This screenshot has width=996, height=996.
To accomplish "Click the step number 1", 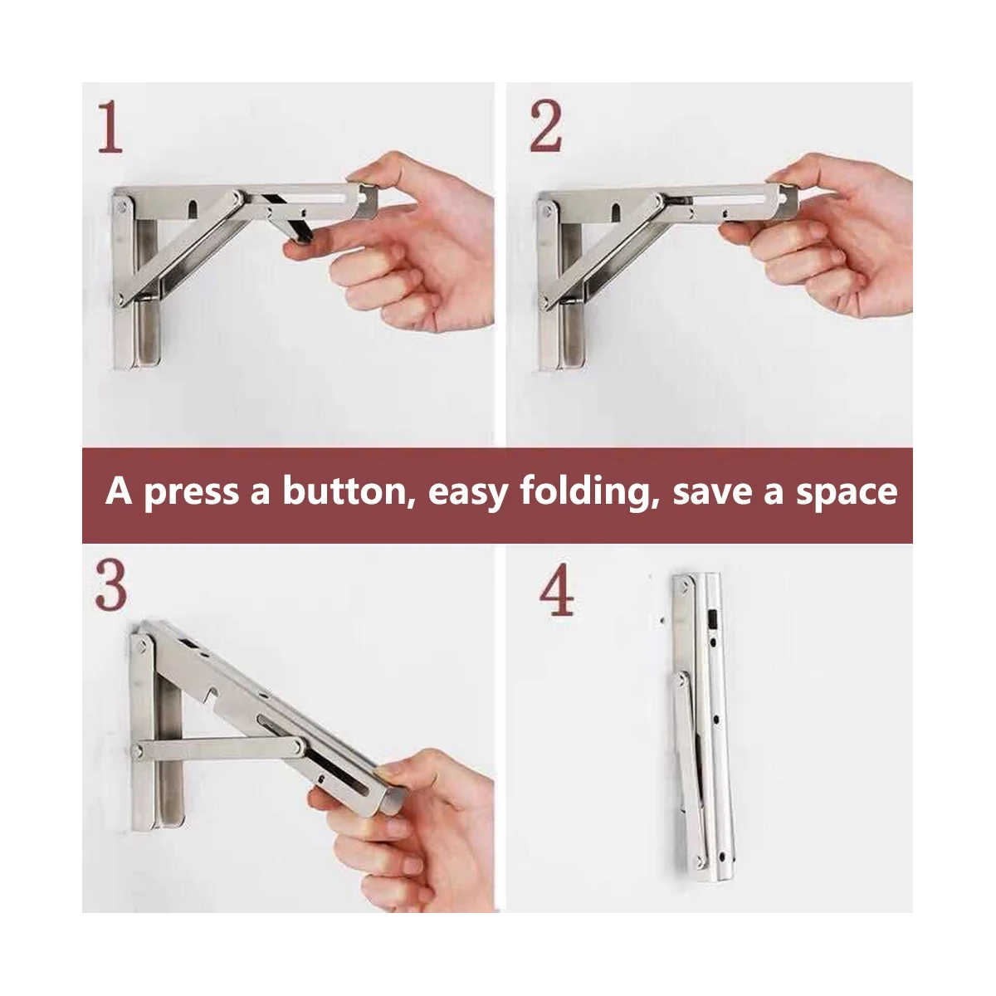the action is pos(111,127).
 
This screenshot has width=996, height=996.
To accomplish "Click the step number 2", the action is pos(545,126).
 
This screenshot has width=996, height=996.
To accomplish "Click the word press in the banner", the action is pos(191,494).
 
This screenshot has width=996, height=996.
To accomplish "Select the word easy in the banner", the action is pos(468,495).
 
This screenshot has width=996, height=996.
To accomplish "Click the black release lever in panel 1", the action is pos(296,220).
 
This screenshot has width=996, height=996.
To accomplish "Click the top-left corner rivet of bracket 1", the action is pos(122,207).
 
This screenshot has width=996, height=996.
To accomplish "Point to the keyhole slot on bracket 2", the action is pos(616,212).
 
